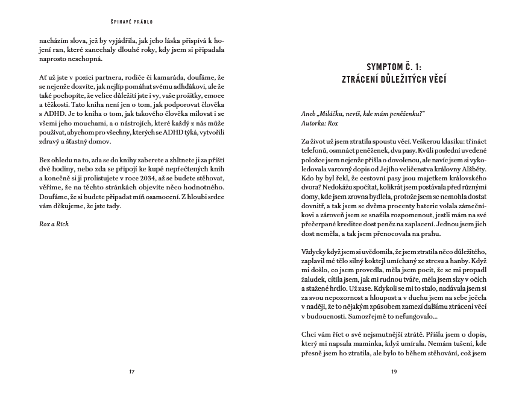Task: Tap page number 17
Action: pyautogui.click(x=131, y=371)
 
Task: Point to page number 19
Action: pyautogui.click(x=394, y=371)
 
